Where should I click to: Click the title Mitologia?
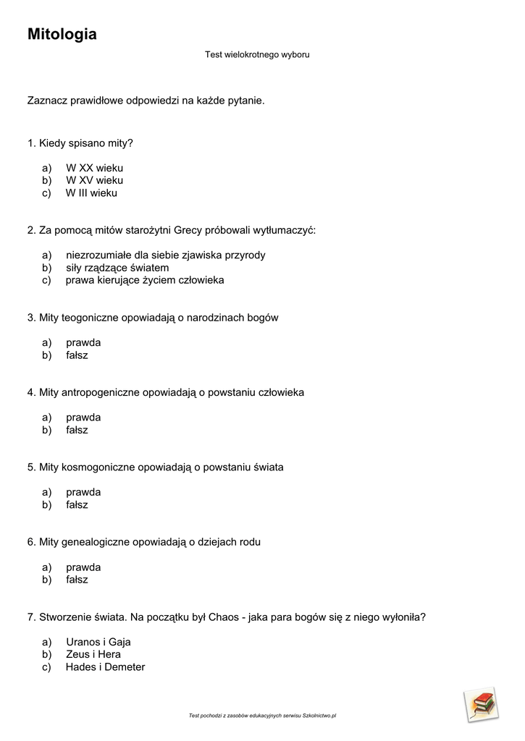[62, 34]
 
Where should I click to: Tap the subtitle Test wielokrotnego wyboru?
[257, 54]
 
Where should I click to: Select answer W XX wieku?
[94, 168]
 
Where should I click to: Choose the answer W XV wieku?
[94, 180]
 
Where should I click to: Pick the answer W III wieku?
[91, 193]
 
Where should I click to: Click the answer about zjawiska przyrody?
[165, 255]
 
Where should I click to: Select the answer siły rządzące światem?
[117, 268]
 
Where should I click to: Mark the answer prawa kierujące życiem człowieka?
[145, 280]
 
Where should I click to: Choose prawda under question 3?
[83, 342]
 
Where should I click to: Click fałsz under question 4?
[77, 430]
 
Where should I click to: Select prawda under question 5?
[83, 492]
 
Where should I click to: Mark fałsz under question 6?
[77, 580]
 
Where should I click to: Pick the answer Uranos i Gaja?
[98, 642]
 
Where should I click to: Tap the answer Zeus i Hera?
[93, 654]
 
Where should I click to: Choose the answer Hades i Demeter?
[105, 667]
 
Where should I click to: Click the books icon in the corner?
[481, 705]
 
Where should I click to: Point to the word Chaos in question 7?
[222, 617]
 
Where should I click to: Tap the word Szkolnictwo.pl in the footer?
[319, 716]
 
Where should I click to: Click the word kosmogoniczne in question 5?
[98, 467]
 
